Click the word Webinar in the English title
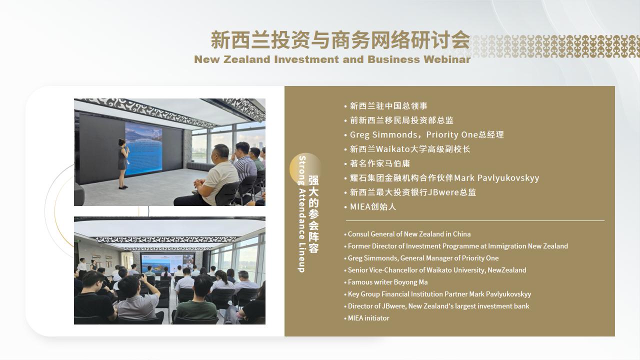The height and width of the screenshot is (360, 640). pyautogui.click(x=447, y=59)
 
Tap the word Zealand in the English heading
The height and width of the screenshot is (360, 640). pyautogui.click(x=247, y=59)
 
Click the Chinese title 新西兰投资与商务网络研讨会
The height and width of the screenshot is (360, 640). pyautogui.click(x=340, y=40)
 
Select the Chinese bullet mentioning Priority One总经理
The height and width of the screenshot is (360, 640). pyautogui.click(x=427, y=134)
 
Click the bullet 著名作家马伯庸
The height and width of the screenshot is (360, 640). pyautogui.click(x=380, y=163)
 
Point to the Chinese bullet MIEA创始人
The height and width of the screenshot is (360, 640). pyautogui.click(x=373, y=206)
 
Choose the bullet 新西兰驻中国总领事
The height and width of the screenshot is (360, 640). pyautogui.click(x=388, y=106)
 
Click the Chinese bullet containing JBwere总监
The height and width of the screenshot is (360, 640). pyautogui.click(x=413, y=192)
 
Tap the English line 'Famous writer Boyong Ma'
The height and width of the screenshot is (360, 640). pyautogui.click(x=387, y=282)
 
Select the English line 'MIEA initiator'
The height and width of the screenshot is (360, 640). pyautogui.click(x=368, y=318)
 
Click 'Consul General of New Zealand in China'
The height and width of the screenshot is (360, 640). pyautogui.click(x=409, y=234)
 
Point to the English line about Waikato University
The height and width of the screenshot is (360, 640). pyautogui.click(x=437, y=270)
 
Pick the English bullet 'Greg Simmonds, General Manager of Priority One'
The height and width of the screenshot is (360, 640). pyautogui.click(x=423, y=258)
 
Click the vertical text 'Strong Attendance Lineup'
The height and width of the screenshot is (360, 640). pyautogui.click(x=302, y=214)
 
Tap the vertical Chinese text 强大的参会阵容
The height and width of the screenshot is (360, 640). pyautogui.click(x=313, y=214)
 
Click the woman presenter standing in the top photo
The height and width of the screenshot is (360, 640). pyautogui.click(x=123, y=164)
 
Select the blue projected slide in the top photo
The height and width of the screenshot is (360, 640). pyautogui.click(x=143, y=148)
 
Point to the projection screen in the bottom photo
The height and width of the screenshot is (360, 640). pyautogui.click(x=167, y=263)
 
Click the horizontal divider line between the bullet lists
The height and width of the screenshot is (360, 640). pyautogui.click(x=475, y=221)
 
